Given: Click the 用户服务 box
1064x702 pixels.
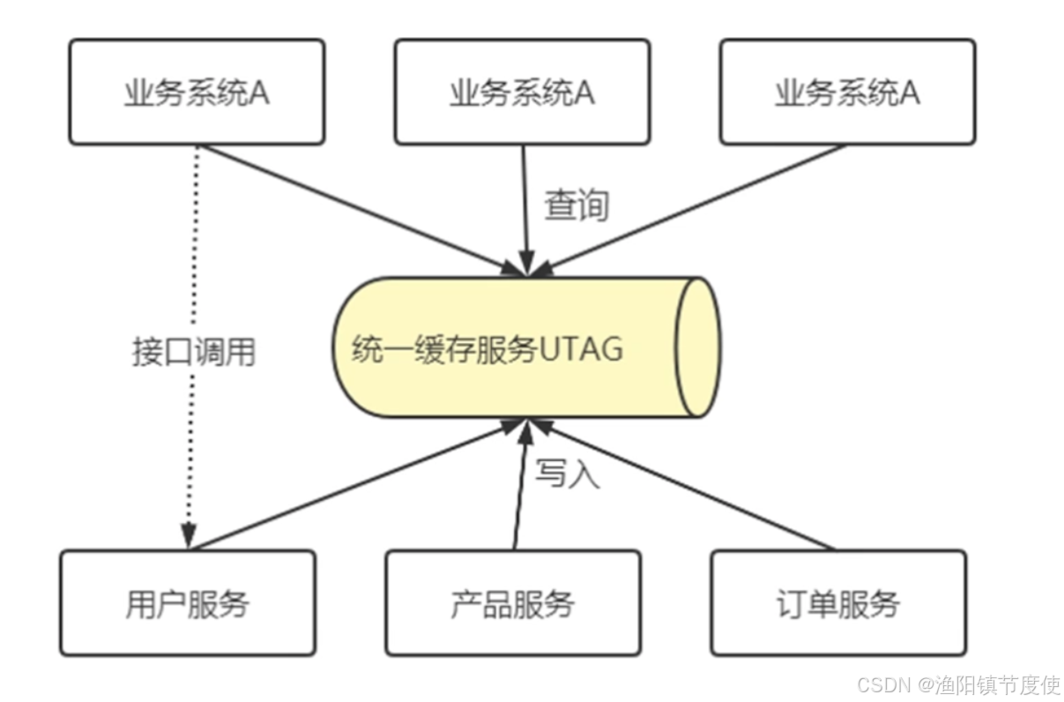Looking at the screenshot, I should tap(187, 603).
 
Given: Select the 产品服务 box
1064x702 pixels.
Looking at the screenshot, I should tap(512, 603).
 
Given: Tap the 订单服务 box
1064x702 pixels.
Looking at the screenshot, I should tap(837, 603).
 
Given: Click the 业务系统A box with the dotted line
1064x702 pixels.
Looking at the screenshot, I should tap(197, 92).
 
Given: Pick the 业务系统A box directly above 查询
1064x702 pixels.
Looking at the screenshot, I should tap(522, 92).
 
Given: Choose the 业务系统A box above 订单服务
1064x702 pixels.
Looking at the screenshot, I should tap(847, 92).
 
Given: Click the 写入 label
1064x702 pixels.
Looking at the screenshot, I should tap(567, 474).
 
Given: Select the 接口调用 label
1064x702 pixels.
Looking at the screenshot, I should tap(193, 352).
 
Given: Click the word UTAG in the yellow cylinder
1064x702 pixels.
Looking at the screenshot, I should tap(581, 349).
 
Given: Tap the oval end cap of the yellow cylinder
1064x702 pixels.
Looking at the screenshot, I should tap(696, 347).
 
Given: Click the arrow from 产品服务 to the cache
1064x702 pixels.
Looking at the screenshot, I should tap(521, 485).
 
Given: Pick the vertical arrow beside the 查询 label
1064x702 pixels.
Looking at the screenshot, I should tap(525, 207).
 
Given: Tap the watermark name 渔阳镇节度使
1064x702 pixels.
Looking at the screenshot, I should tap(998, 685).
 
